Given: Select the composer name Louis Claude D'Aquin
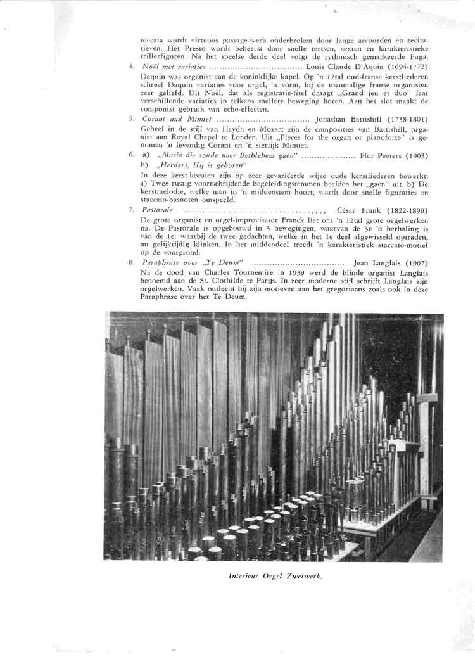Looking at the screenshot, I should pos(343,67).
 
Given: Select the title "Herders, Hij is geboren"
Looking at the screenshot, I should pos(194,164).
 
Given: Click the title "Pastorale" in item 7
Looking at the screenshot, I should pos(154,210).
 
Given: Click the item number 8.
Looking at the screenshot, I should pos(130,262).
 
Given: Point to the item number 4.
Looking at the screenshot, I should pos(130,67).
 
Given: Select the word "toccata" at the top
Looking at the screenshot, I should pos(152,40).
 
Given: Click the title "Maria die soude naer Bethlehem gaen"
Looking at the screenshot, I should pos(225,155).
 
